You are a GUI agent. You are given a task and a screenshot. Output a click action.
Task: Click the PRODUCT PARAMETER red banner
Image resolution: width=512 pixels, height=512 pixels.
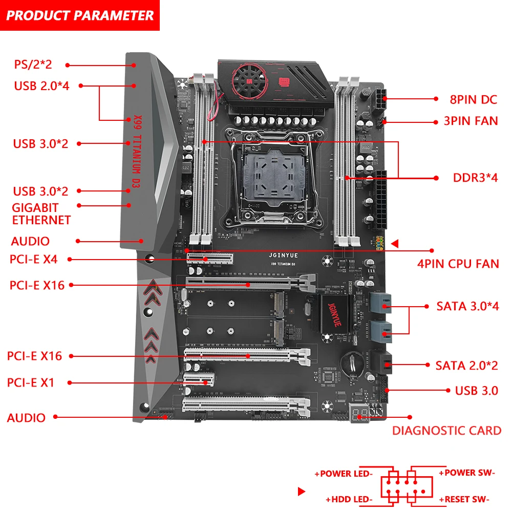tap(80, 15)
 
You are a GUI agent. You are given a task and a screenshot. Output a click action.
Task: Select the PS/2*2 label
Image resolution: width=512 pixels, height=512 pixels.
tap(33, 65)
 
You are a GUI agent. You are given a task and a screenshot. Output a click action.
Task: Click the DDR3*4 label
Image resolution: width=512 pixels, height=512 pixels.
tap(475, 178)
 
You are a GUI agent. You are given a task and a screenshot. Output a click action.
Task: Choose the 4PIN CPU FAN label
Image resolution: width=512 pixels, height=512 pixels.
tap(458, 264)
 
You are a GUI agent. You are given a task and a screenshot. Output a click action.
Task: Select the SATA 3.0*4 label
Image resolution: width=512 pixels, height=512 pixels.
tap(467, 307)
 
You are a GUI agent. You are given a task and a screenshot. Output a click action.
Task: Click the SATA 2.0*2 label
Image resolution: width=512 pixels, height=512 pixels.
tap(466, 366)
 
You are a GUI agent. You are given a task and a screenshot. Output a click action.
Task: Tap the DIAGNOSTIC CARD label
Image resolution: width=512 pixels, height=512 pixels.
tap(446, 431)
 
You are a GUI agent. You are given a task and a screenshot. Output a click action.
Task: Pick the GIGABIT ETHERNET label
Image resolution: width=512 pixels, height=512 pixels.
tap(41, 214)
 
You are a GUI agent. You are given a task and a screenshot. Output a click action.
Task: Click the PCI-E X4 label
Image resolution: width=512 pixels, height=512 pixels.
tap(33, 259)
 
